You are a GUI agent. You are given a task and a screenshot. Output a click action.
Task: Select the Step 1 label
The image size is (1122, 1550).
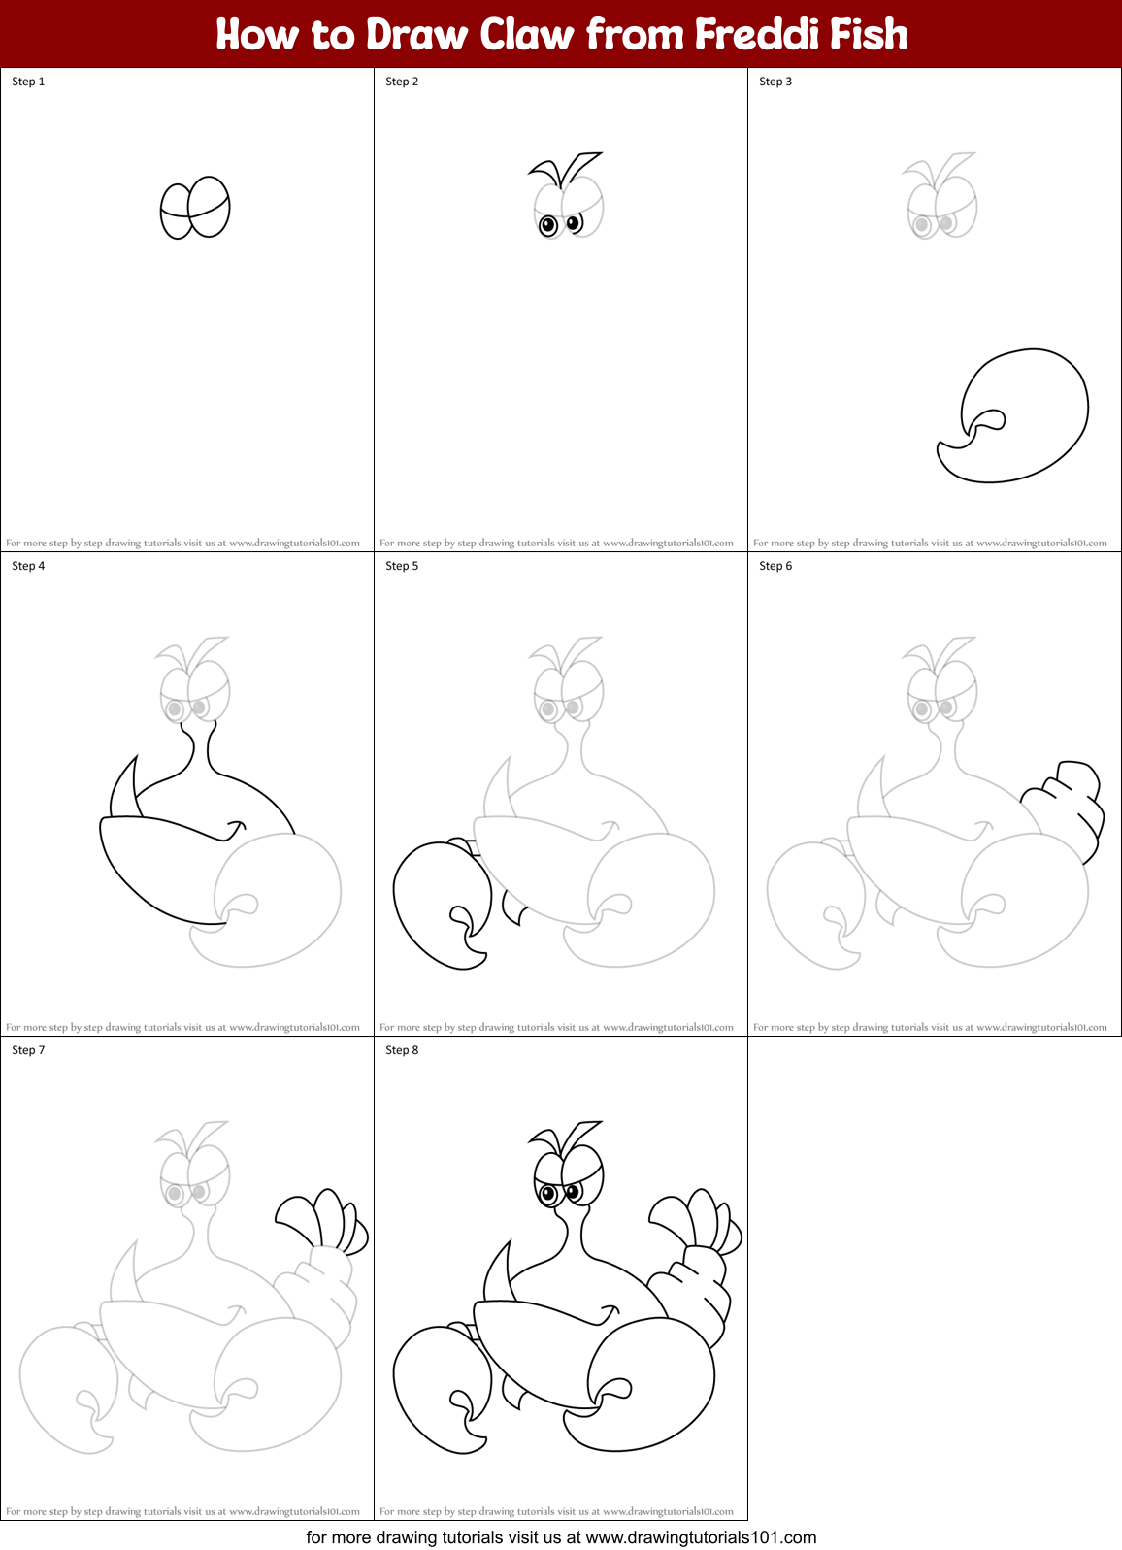(x=28, y=82)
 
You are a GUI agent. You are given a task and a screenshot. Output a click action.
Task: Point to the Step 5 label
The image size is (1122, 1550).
(x=402, y=566)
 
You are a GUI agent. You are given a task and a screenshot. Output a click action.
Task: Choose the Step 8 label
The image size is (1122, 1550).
(x=402, y=1050)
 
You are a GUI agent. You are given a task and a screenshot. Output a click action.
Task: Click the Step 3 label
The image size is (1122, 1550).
(x=775, y=82)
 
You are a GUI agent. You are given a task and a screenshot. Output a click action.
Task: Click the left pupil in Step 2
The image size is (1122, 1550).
(x=548, y=226)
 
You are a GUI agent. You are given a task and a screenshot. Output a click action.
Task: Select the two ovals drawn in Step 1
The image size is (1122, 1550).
(x=195, y=207)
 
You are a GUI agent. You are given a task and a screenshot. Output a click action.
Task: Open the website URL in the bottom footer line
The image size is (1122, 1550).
(x=701, y=1537)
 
